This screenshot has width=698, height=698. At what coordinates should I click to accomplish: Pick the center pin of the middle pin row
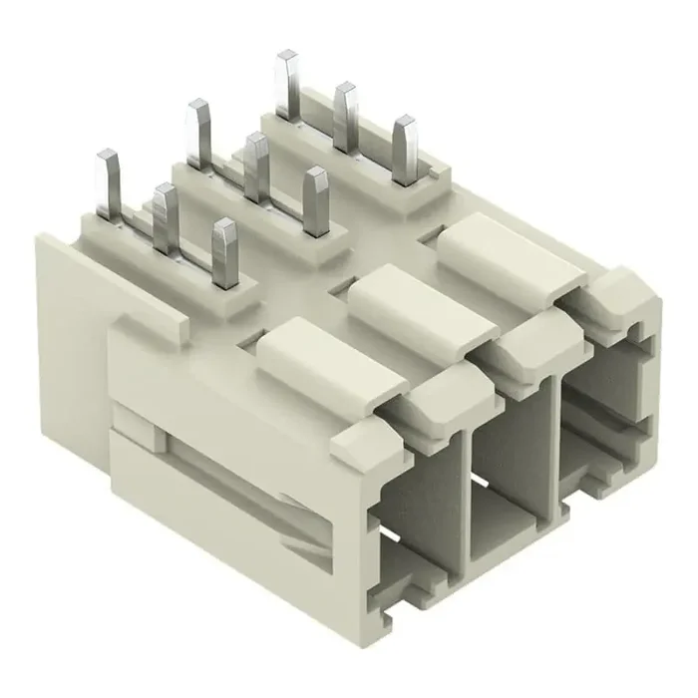click(256, 164)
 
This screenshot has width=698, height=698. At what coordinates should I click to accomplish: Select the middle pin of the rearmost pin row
click(346, 115)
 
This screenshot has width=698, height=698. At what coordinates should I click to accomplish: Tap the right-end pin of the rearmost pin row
click(405, 148)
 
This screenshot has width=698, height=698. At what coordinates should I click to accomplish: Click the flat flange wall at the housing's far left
click(70, 329)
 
